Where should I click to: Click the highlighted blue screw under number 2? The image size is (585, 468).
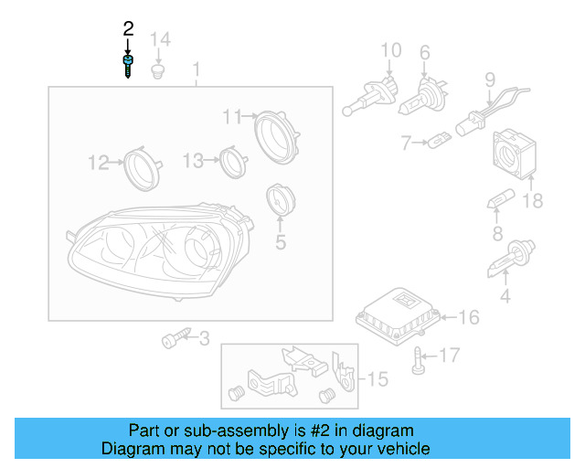[x=128, y=67]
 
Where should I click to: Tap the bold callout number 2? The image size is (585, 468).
[x=128, y=29]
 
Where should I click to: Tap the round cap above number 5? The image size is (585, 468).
[x=278, y=202]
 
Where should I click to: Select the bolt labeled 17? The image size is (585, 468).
[x=420, y=360]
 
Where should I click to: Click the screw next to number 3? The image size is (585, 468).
[x=173, y=340]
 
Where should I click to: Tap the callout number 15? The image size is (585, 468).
[x=378, y=378]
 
